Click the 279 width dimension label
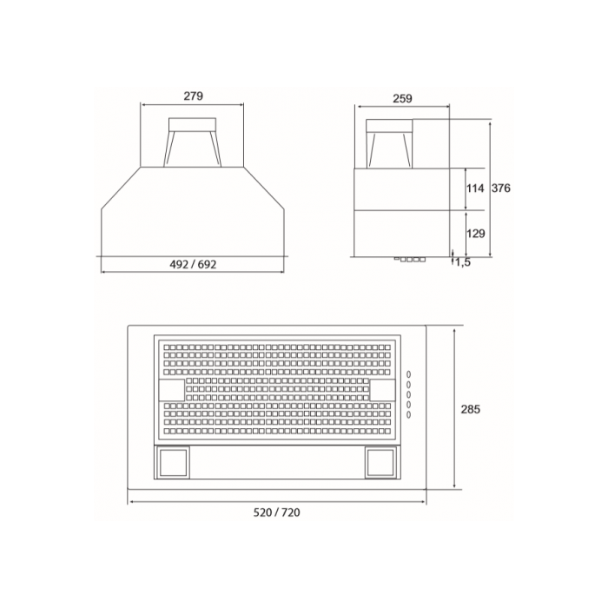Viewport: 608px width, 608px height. [x=192, y=97]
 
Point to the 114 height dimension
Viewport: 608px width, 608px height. [x=475, y=188]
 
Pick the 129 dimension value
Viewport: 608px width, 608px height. [x=475, y=234]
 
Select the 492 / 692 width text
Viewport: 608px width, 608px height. [x=192, y=264]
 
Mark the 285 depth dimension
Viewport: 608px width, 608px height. [x=471, y=409]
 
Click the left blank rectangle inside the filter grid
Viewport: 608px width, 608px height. [x=171, y=390]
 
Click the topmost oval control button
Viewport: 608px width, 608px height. [x=407, y=374]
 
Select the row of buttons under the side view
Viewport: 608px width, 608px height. [x=410, y=259]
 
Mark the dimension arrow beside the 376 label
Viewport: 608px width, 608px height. [x=490, y=188]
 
